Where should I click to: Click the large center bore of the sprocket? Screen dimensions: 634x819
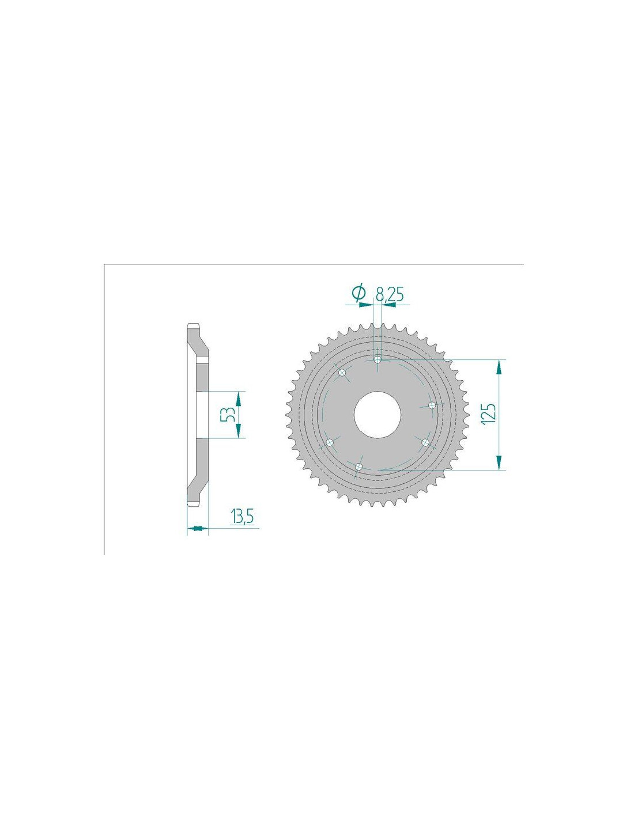(377, 415)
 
